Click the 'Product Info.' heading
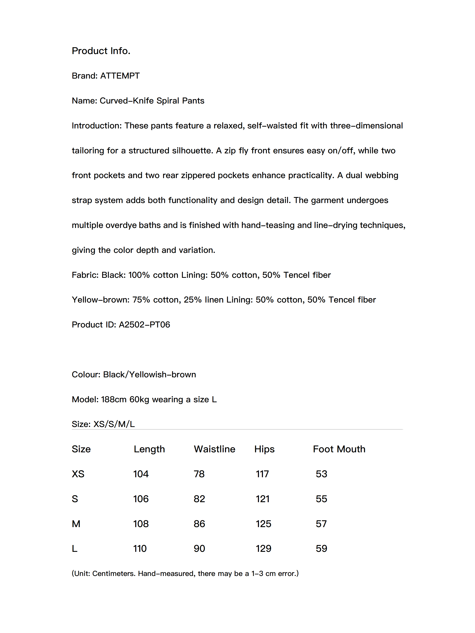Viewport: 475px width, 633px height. tap(101, 51)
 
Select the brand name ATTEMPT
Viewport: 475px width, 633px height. tap(120, 76)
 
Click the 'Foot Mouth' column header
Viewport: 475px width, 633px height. tap(339, 449)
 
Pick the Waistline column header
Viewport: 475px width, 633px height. tap(214, 449)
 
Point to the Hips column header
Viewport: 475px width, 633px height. tap(264, 449)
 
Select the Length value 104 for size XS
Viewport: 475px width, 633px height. tap(141, 474)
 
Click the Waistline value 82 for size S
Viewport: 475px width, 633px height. tap(199, 499)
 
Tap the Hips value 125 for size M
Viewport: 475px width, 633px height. tap(263, 524)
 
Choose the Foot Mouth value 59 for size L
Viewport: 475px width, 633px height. tap(321, 549)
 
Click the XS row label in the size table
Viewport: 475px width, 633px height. tap(78, 474)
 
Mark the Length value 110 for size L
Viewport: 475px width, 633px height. tap(140, 549)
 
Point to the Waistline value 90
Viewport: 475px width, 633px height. tap(199, 549)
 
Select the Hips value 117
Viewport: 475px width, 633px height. tap(262, 474)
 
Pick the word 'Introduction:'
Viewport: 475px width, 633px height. tap(97, 126)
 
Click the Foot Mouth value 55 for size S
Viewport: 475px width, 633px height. tap(321, 499)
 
